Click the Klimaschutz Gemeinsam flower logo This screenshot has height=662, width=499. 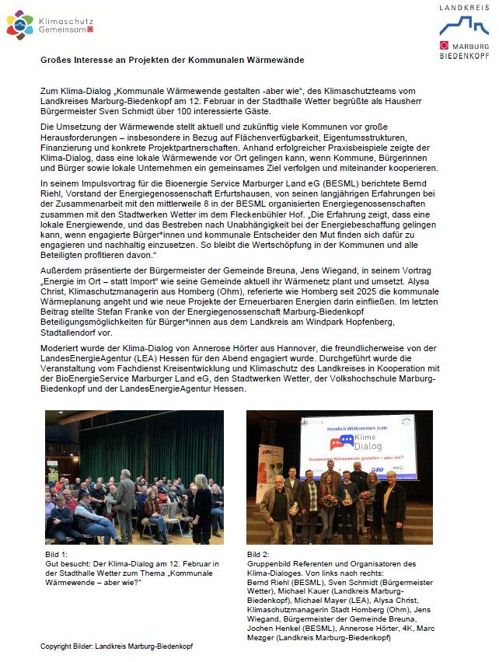pyautogui.click(x=20, y=25)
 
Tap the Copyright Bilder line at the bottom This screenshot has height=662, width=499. pyautogui.click(x=117, y=646)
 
